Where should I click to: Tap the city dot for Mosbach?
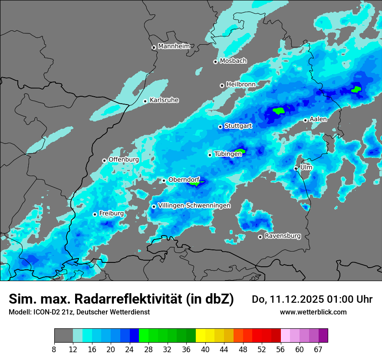(x=215, y=62)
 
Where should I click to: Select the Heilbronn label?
(x=240, y=84)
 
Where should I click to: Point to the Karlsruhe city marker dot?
(x=145, y=101)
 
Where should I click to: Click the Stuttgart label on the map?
(x=238, y=126)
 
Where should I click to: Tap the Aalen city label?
(x=318, y=119)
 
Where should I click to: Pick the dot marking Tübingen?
(x=210, y=155)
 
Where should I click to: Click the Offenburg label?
(x=123, y=160)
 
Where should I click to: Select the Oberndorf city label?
(x=184, y=180)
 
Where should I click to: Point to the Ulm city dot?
(x=296, y=168)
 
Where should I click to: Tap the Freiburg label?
(x=111, y=213)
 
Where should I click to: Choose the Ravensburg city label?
(x=283, y=236)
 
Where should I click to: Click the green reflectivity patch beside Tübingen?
(x=240, y=151)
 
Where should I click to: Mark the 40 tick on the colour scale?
(x=205, y=350)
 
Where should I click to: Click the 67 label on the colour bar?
(x=318, y=350)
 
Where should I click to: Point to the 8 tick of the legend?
(x=54, y=350)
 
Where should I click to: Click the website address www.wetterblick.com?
(x=313, y=312)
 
